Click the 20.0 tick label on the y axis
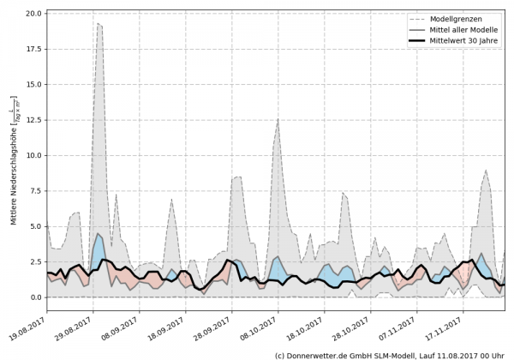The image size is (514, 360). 33,14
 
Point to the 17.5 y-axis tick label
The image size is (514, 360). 33,49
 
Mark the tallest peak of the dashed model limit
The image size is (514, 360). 99,24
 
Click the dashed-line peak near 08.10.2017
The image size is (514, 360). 278,119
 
